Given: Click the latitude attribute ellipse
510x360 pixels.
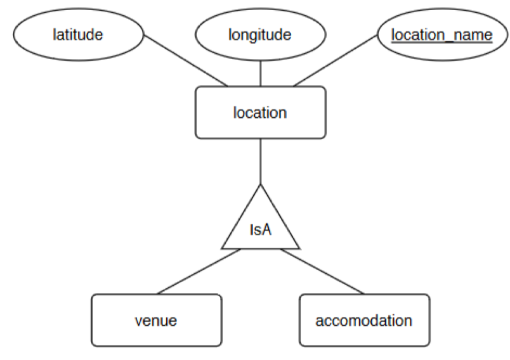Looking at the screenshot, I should pyautogui.click(x=77, y=34).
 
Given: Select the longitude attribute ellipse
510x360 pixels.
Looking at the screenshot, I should pyautogui.click(x=260, y=34).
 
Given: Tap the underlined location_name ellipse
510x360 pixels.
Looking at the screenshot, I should pyautogui.click(x=442, y=34).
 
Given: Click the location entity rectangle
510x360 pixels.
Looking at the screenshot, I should pyautogui.click(x=260, y=113).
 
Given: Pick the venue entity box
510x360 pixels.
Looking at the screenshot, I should pyautogui.click(x=157, y=320).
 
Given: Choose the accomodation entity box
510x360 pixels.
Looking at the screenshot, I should pyautogui.click(x=364, y=320).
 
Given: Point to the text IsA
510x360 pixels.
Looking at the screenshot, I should pyautogui.click(x=260, y=229).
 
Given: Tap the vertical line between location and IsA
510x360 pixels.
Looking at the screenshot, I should pyautogui.click(x=261, y=161).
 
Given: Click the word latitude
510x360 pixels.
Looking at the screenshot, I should pyautogui.click(x=77, y=34).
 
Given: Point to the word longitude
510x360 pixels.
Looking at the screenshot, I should pyautogui.click(x=260, y=34).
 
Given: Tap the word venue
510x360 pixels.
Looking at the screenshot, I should pyautogui.click(x=157, y=321).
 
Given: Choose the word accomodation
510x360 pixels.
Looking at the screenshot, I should pyautogui.click(x=364, y=321).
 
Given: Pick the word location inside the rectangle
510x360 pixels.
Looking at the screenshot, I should pyautogui.click(x=260, y=113).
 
